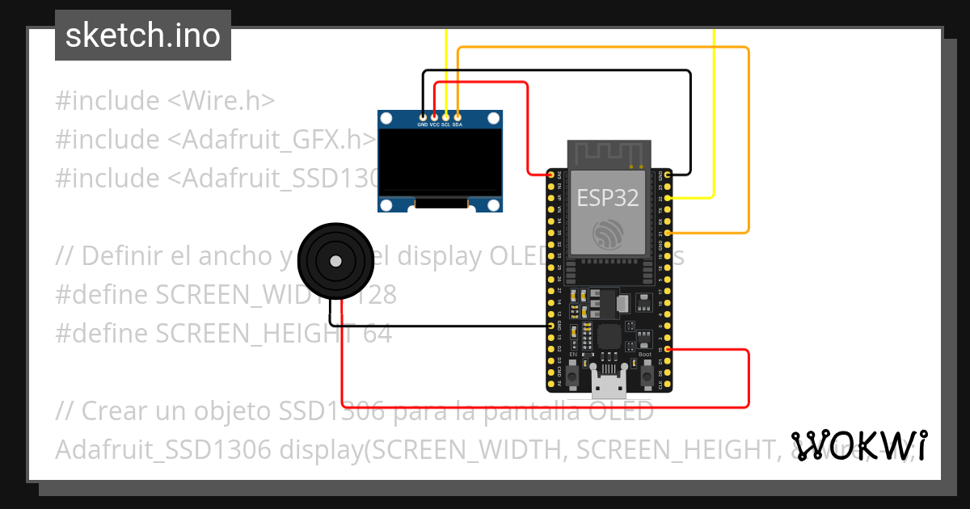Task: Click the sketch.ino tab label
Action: (x=142, y=36)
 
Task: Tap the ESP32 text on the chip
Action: (x=607, y=198)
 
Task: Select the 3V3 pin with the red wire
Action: (x=551, y=175)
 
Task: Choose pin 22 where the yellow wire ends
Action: (x=668, y=197)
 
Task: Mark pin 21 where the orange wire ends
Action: (x=668, y=233)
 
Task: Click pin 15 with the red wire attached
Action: (x=668, y=349)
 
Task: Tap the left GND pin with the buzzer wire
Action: (x=551, y=326)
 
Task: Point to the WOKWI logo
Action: (x=858, y=445)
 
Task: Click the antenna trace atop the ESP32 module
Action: (x=609, y=154)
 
